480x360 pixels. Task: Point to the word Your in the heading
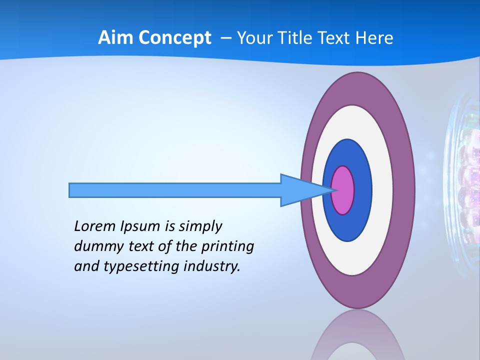254,38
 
